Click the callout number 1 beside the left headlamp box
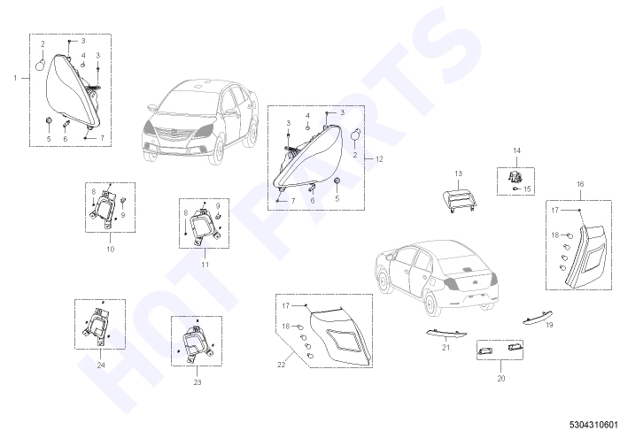(x=15, y=78)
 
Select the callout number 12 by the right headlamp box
(x=379, y=159)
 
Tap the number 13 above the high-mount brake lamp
(x=458, y=173)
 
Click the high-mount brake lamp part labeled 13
(x=460, y=201)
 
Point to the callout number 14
(x=516, y=150)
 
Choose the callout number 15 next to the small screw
(x=527, y=189)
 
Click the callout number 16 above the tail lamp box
(x=580, y=184)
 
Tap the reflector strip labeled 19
(x=538, y=318)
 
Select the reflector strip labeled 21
(x=446, y=334)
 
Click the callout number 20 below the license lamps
(x=501, y=379)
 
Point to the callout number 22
(x=281, y=365)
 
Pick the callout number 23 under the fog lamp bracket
(x=198, y=382)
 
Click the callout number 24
(x=101, y=366)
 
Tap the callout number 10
(x=111, y=250)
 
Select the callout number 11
(x=205, y=265)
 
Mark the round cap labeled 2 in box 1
(x=41, y=65)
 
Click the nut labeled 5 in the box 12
(x=337, y=181)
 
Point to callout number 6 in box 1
(x=66, y=139)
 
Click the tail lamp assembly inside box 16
(x=585, y=257)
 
